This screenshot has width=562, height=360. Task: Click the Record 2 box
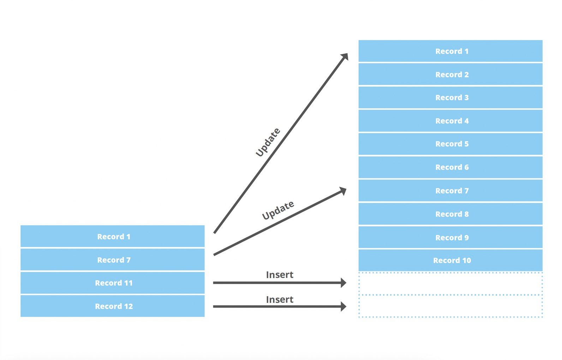pyautogui.click(x=450, y=74)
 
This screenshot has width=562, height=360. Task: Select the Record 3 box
pyautogui.click(x=450, y=97)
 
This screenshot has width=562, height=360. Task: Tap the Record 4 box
pyautogui.click(x=450, y=121)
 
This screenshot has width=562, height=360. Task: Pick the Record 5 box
pyautogui.click(x=450, y=144)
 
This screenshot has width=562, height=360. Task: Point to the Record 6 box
pyautogui.click(x=450, y=167)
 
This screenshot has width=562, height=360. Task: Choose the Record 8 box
pyautogui.click(x=450, y=214)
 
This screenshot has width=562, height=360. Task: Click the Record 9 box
pyautogui.click(x=450, y=237)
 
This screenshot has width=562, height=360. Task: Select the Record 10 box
pyautogui.click(x=450, y=260)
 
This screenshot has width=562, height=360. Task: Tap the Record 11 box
pyautogui.click(x=112, y=283)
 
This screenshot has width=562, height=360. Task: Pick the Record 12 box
pyautogui.click(x=112, y=306)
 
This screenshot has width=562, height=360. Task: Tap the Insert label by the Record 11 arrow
pyautogui.click(x=280, y=275)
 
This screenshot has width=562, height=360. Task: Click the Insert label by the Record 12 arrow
pyautogui.click(x=280, y=300)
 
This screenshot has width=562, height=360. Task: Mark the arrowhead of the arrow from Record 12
pyautogui.click(x=343, y=306)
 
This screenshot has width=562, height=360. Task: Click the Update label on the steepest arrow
pyautogui.click(x=268, y=142)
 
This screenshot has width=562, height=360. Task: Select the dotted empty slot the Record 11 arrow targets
pyautogui.click(x=450, y=283)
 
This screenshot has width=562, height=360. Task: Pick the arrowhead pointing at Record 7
pyautogui.click(x=343, y=191)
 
